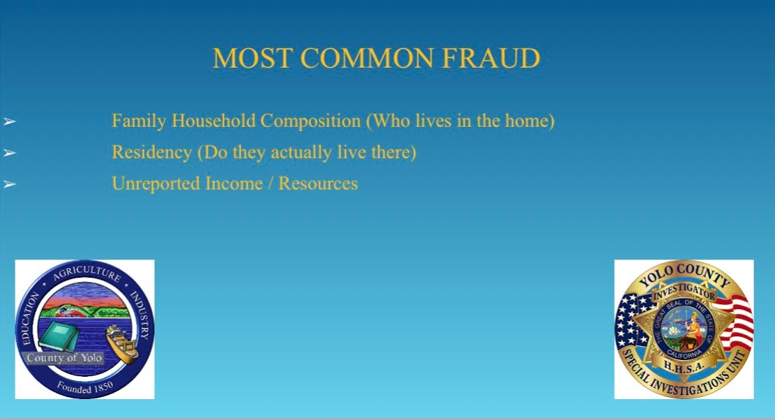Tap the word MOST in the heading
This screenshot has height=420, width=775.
coord(252,59)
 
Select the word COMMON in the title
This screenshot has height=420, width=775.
coord(367,59)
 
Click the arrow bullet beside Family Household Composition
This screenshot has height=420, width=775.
coord(9,121)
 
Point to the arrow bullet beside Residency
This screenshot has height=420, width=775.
coord(9,153)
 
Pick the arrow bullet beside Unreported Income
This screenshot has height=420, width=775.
coord(9,184)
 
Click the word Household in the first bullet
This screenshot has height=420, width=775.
coord(213,121)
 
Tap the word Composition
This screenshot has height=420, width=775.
coord(311,121)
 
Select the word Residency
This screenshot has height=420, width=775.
coord(152,153)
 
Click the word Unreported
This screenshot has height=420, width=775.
coord(156,183)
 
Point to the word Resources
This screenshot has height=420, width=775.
coord(318,183)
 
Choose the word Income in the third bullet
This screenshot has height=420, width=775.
coord(234,183)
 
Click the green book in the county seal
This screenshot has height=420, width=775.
coord(59,336)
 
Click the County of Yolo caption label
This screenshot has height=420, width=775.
coord(63,358)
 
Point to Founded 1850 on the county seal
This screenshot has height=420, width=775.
coord(85,387)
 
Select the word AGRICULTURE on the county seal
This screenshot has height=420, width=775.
coord(87,272)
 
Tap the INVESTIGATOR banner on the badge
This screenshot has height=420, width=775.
coord(684,292)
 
